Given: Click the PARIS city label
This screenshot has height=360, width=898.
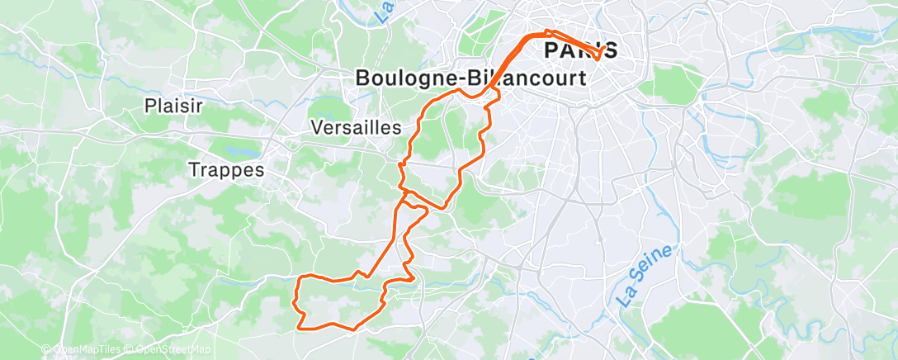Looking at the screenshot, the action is [580, 50].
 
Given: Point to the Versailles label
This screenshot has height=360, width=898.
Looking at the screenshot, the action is [356, 128].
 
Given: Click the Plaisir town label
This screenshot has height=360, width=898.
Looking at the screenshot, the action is [173, 106].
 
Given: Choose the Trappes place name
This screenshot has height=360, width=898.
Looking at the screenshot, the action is [226, 170].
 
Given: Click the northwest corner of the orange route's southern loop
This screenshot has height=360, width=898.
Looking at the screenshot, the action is [298, 278].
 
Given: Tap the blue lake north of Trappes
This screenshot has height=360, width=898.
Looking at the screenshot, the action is [240, 152].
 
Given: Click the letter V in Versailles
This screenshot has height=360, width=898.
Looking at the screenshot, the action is [318, 128].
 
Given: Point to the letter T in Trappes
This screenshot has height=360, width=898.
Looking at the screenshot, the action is [194, 170].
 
